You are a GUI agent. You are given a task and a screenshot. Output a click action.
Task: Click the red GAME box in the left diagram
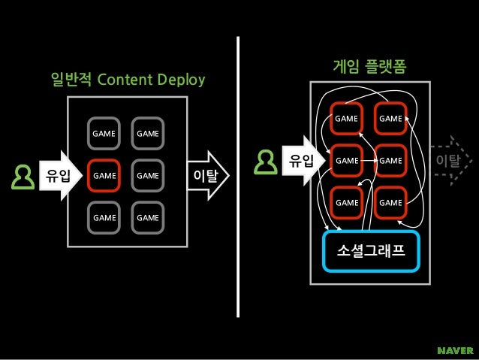pos(104,176)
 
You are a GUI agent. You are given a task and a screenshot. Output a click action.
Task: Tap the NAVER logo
pos(455,349)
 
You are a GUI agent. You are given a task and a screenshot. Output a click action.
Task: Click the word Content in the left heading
pos(125,80)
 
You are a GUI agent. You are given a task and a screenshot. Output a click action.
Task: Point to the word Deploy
pos(181,80)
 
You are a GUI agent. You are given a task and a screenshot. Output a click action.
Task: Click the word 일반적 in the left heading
pos(71,80)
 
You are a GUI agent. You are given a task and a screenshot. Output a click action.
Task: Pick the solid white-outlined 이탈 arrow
pos(206,176)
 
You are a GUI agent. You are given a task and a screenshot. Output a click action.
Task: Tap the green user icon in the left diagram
pos(22,177)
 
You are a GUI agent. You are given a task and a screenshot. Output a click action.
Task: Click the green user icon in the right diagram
pos(266,160)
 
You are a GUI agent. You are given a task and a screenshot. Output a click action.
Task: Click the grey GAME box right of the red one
pos(147,176)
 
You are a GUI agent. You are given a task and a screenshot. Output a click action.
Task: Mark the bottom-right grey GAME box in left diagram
pos(147,218)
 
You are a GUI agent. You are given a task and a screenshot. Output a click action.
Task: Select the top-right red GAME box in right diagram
pos(390,118)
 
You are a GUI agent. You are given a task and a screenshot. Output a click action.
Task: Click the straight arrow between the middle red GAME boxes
pos(368,160)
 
